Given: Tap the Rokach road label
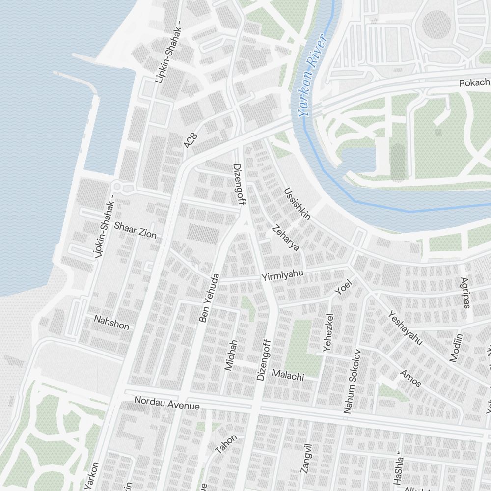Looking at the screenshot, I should point(474,83).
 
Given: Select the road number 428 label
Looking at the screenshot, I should point(191,140).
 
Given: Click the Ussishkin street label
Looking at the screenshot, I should point(297,203).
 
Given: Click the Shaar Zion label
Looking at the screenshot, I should point(135,231).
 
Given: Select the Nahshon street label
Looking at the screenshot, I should point(111,323).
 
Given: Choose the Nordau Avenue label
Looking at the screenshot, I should point(167,404).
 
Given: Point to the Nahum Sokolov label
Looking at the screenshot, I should point(352,381).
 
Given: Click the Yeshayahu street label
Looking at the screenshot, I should point(405,327).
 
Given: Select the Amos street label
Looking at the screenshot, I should point(410,378).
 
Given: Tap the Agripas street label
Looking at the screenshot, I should point(464,293).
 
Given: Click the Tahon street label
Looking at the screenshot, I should point(226,443).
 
